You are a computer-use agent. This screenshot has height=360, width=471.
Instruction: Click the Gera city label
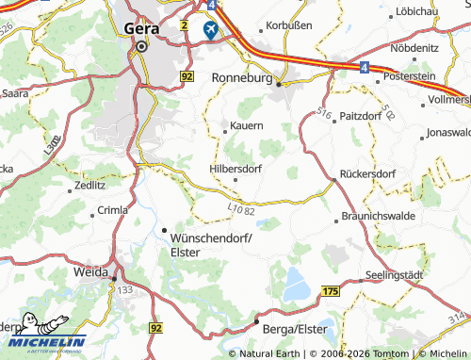[141, 28]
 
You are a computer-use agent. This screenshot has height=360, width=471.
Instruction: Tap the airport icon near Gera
[210, 30]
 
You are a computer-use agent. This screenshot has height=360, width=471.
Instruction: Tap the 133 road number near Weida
[125, 288]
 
